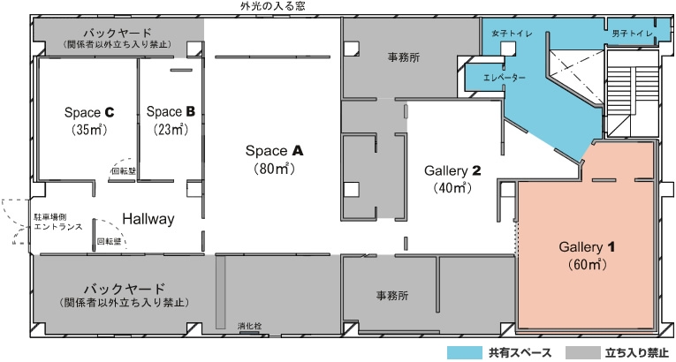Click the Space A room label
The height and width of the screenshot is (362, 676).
click(x=275, y=151)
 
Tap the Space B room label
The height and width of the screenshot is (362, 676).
click(x=171, y=111)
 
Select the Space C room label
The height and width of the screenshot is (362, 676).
click(x=89, y=112)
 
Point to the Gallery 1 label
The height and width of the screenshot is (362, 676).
click(x=587, y=247)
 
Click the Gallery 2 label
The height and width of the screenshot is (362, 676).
click(x=452, y=170)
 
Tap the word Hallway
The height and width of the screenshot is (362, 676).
click(x=148, y=219)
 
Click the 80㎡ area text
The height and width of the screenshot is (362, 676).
click(x=275, y=169)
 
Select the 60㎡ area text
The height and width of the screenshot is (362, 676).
click(x=587, y=264)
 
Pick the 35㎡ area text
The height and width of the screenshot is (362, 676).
click(x=89, y=130)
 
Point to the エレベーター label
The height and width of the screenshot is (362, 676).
click(x=505, y=78)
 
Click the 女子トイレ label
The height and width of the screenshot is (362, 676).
click(x=512, y=34)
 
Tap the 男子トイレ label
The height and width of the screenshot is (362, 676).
click(x=632, y=34)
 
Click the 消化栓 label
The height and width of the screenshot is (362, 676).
click(x=249, y=326)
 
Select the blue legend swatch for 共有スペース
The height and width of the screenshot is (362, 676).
click(x=464, y=352)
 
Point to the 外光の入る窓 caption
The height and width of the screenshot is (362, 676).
click(x=273, y=6)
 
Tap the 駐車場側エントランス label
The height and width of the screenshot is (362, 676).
click(x=58, y=222)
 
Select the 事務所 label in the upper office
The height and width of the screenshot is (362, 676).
click(x=404, y=57)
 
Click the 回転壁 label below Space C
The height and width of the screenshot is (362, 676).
click(x=124, y=171)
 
